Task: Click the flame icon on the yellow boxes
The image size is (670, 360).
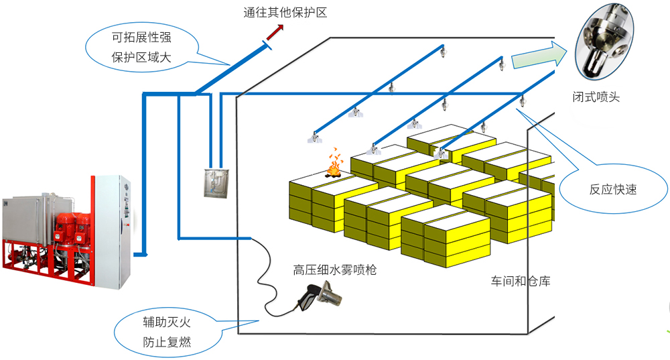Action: pyautogui.click(x=333, y=166)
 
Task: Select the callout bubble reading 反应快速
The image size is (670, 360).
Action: pyautogui.click(x=612, y=189)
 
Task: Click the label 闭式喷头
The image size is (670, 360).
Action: pyautogui.click(x=597, y=97)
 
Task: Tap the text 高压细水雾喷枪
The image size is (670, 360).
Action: pyautogui.click(x=334, y=270)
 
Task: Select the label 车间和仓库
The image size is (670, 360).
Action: pyautogui.click(x=521, y=281)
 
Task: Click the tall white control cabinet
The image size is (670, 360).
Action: pyautogui.click(x=111, y=228)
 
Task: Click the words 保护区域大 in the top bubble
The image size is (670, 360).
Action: pyautogui.click(x=141, y=58)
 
